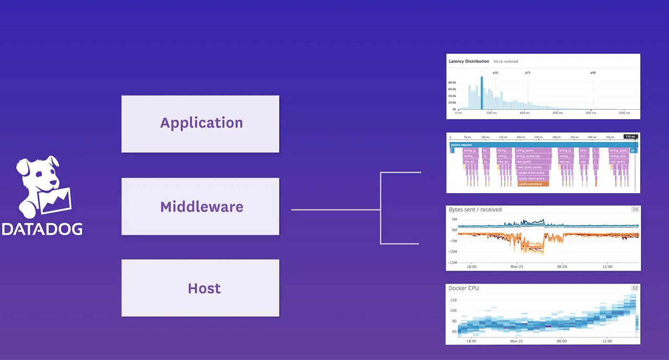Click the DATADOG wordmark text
[42, 229]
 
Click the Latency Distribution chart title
[469, 61]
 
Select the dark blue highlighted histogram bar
[482, 92]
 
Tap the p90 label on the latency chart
[593, 73]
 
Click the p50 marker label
[495, 73]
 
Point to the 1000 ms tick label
[624, 113]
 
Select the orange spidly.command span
[533, 184]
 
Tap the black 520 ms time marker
[630, 137]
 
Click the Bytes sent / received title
[475, 210]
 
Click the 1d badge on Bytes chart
[635, 210]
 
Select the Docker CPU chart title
[464, 288]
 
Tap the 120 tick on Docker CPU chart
[453, 300]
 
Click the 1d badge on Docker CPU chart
[635, 288]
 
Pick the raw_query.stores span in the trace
[533, 167]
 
